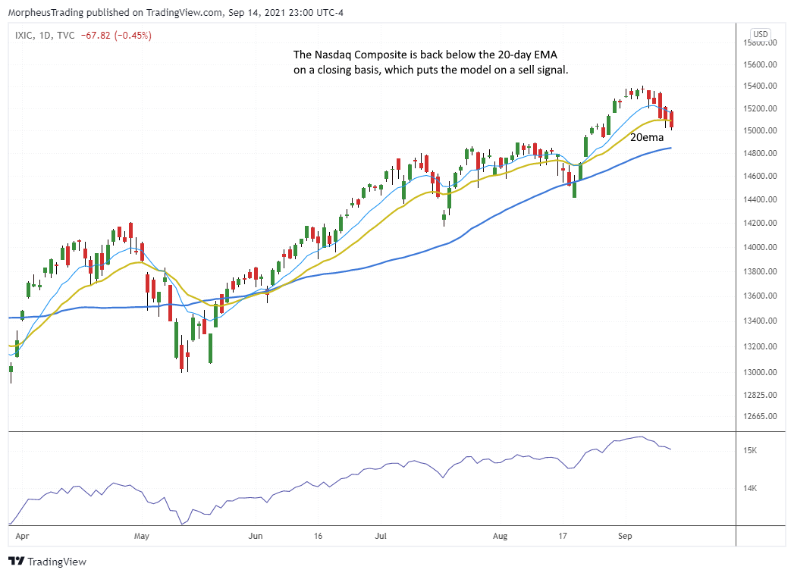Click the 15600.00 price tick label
pos(760,64)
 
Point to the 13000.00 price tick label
pos(760,372)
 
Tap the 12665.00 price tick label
pos(760,416)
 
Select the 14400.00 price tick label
pos(760,199)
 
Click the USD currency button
pos(760,34)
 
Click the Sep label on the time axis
pos(625,535)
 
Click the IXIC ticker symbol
pos(24,35)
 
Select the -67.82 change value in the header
pos(96,35)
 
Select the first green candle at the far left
pos(11,369)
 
